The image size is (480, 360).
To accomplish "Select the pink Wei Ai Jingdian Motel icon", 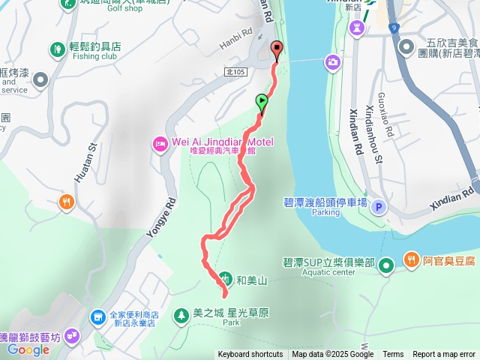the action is click(159, 144).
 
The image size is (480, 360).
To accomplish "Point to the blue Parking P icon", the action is click(379, 208).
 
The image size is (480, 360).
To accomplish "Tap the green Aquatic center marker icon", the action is click(386, 265).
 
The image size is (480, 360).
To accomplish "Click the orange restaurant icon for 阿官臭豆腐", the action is click(411, 260).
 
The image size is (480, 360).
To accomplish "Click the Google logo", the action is click(28, 349).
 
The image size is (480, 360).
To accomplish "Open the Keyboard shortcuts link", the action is click(250, 355).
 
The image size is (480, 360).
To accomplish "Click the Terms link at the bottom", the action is click(393, 355).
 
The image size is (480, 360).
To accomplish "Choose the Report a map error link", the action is click(444, 355).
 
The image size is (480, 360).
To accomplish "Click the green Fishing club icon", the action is click(57, 50).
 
